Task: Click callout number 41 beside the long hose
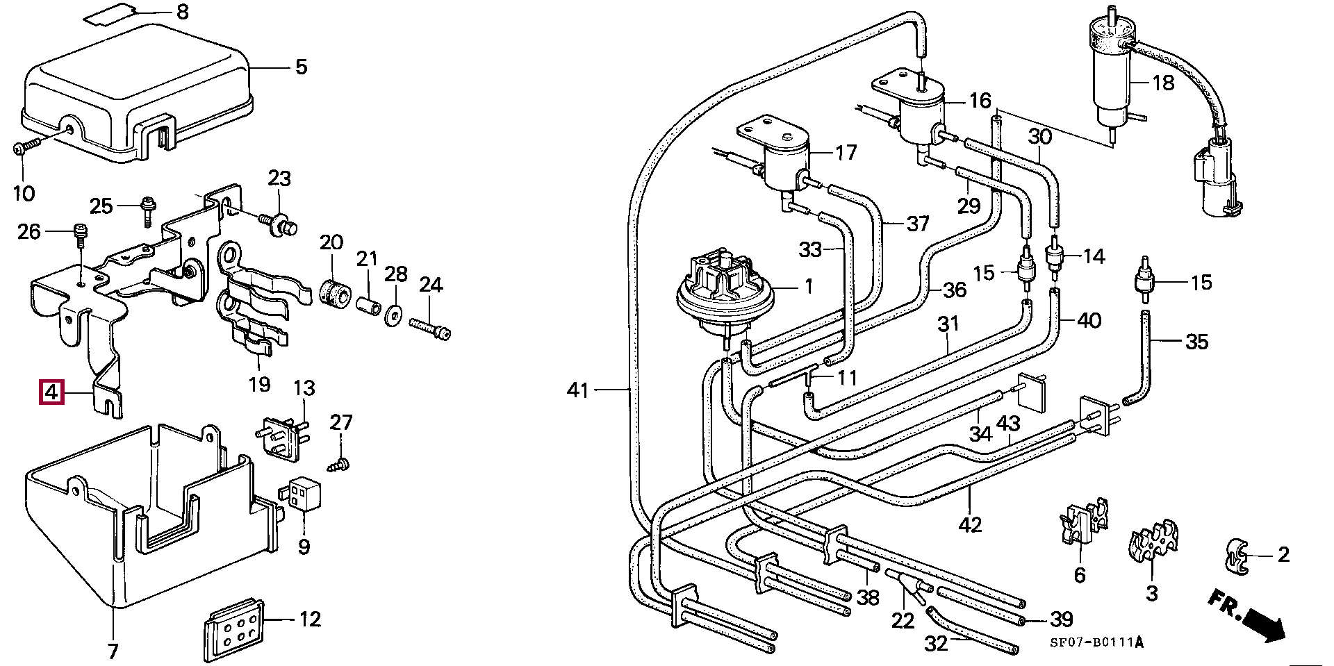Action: click(x=578, y=390)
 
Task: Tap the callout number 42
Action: click(x=970, y=524)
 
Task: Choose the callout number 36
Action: click(x=955, y=290)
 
